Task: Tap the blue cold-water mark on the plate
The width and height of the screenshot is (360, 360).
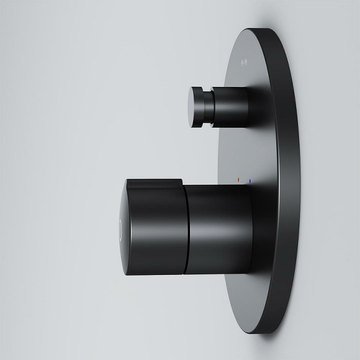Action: (250, 181)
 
